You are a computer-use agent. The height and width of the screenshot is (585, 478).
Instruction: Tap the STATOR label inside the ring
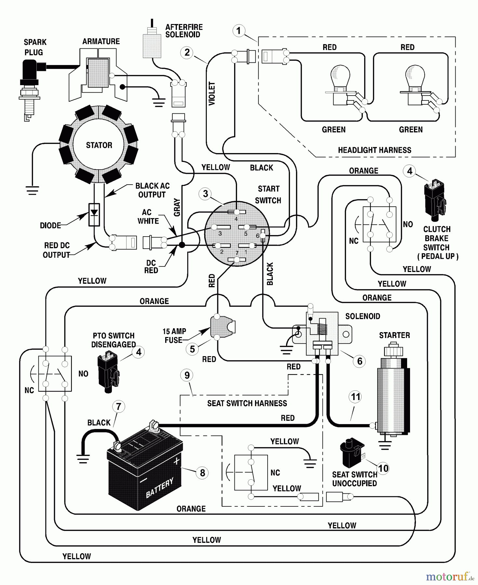click(x=99, y=145)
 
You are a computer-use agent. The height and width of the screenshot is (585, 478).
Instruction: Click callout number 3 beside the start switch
click(x=205, y=194)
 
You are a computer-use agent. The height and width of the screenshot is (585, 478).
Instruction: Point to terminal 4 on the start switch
click(x=236, y=212)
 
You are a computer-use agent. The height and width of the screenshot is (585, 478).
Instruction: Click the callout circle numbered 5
click(x=192, y=349)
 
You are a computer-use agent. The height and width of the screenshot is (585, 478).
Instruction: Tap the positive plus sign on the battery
click(x=177, y=461)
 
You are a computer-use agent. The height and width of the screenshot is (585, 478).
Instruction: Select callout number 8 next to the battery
click(x=202, y=473)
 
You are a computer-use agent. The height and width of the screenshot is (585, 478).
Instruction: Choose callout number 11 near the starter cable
click(x=355, y=396)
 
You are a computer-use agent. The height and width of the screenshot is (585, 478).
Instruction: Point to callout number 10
click(x=383, y=468)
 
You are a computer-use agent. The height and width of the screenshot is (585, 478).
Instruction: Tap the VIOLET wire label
click(x=212, y=94)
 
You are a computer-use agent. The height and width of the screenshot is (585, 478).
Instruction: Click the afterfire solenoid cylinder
click(x=152, y=45)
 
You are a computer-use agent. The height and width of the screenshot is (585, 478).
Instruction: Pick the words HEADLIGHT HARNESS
click(x=374, y=150)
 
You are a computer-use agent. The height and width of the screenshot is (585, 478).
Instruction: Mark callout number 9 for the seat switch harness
click(x=187, y=375)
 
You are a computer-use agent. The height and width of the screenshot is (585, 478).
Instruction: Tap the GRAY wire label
click(x=177, y=207)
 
